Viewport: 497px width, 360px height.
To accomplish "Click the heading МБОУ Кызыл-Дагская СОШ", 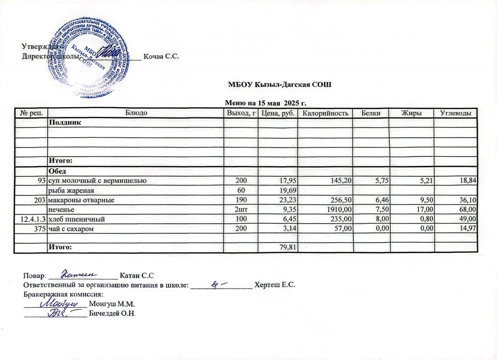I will (280, 85).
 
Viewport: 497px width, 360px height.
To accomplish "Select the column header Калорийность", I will (325, 113).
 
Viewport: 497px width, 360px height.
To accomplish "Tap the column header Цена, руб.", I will (277, 113).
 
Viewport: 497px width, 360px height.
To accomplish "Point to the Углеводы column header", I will (455, 113).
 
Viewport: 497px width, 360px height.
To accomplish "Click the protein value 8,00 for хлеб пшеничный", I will (379, 219).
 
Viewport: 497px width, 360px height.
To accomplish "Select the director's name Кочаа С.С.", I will (161, 56).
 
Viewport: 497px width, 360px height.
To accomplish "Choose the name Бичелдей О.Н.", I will (113, 313).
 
